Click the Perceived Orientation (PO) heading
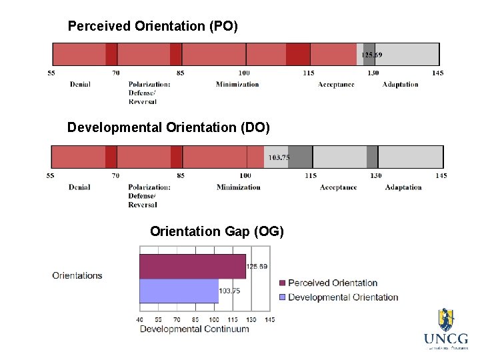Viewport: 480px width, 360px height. coord(153,27)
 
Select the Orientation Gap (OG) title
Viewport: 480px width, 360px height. coord(217,231)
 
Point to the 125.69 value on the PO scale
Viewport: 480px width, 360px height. coord(371,55)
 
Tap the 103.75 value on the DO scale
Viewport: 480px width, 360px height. coord(278,158)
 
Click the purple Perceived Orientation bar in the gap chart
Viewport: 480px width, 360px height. coord(192,266)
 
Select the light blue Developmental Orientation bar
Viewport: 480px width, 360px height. coord(179,291)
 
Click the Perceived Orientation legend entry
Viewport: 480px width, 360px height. coord(332,283)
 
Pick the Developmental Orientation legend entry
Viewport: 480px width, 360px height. coord(342,297)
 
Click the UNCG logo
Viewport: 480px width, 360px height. coord(445,329)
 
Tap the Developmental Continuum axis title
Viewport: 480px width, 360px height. coord(194,329)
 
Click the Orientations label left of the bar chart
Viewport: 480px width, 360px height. coord(77,275)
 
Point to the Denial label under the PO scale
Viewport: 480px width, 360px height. coord(80,85)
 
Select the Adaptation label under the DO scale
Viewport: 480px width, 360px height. coord(403,187)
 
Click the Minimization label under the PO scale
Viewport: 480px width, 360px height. coord(237,85)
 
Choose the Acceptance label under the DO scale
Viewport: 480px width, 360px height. coord(338,187)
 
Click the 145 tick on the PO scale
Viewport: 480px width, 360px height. coord(437,73)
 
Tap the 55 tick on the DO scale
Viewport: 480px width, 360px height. coord(51,176)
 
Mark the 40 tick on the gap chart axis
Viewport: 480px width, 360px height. coord(140,320)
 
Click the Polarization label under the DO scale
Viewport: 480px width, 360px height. coord(149,187)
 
